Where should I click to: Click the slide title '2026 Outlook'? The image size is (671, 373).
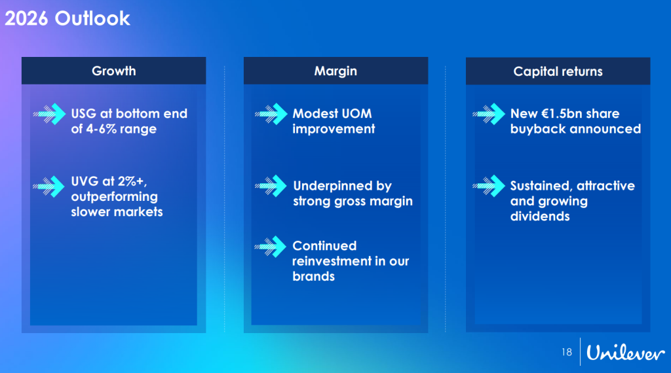[x=67, y=18]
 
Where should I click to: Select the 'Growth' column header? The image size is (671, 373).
[x=114, y=71]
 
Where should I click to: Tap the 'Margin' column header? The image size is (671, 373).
[x=336, y=71]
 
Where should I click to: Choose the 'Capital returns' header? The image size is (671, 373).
[x=558, y=71]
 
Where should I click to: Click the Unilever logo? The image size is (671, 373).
[x=625, y=353]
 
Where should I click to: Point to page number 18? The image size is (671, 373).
[x=567, y=352]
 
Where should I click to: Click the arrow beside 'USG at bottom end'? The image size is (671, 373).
[x=49, y=114]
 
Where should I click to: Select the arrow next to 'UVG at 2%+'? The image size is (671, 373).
[x=48, y=186]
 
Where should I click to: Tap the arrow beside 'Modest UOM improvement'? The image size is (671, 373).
[x=271, y=114]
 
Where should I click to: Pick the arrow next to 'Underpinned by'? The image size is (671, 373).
[x=271, y=186]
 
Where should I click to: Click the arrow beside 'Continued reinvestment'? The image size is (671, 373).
[x=271, y=247]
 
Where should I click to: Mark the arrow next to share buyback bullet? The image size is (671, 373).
[x=489, y=114]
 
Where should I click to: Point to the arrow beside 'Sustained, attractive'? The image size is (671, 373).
[x=489, y=186]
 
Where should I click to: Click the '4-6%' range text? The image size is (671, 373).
[x=101, y=129]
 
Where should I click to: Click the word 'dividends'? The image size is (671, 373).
[x=540, y=216]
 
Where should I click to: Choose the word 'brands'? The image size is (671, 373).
[x=314, y=276]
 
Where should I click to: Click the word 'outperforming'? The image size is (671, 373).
[x=114, y=197]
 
